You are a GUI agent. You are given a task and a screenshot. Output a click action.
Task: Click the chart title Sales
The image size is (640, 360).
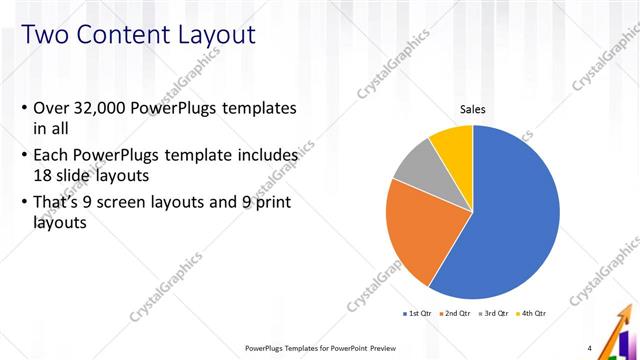[473, 110]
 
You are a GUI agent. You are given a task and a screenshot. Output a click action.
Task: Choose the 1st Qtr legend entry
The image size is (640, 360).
[418, 313]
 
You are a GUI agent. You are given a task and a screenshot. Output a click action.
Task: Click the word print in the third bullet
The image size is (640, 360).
[273, 204]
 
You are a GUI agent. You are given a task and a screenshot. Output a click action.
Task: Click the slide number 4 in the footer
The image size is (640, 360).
[590, 348]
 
